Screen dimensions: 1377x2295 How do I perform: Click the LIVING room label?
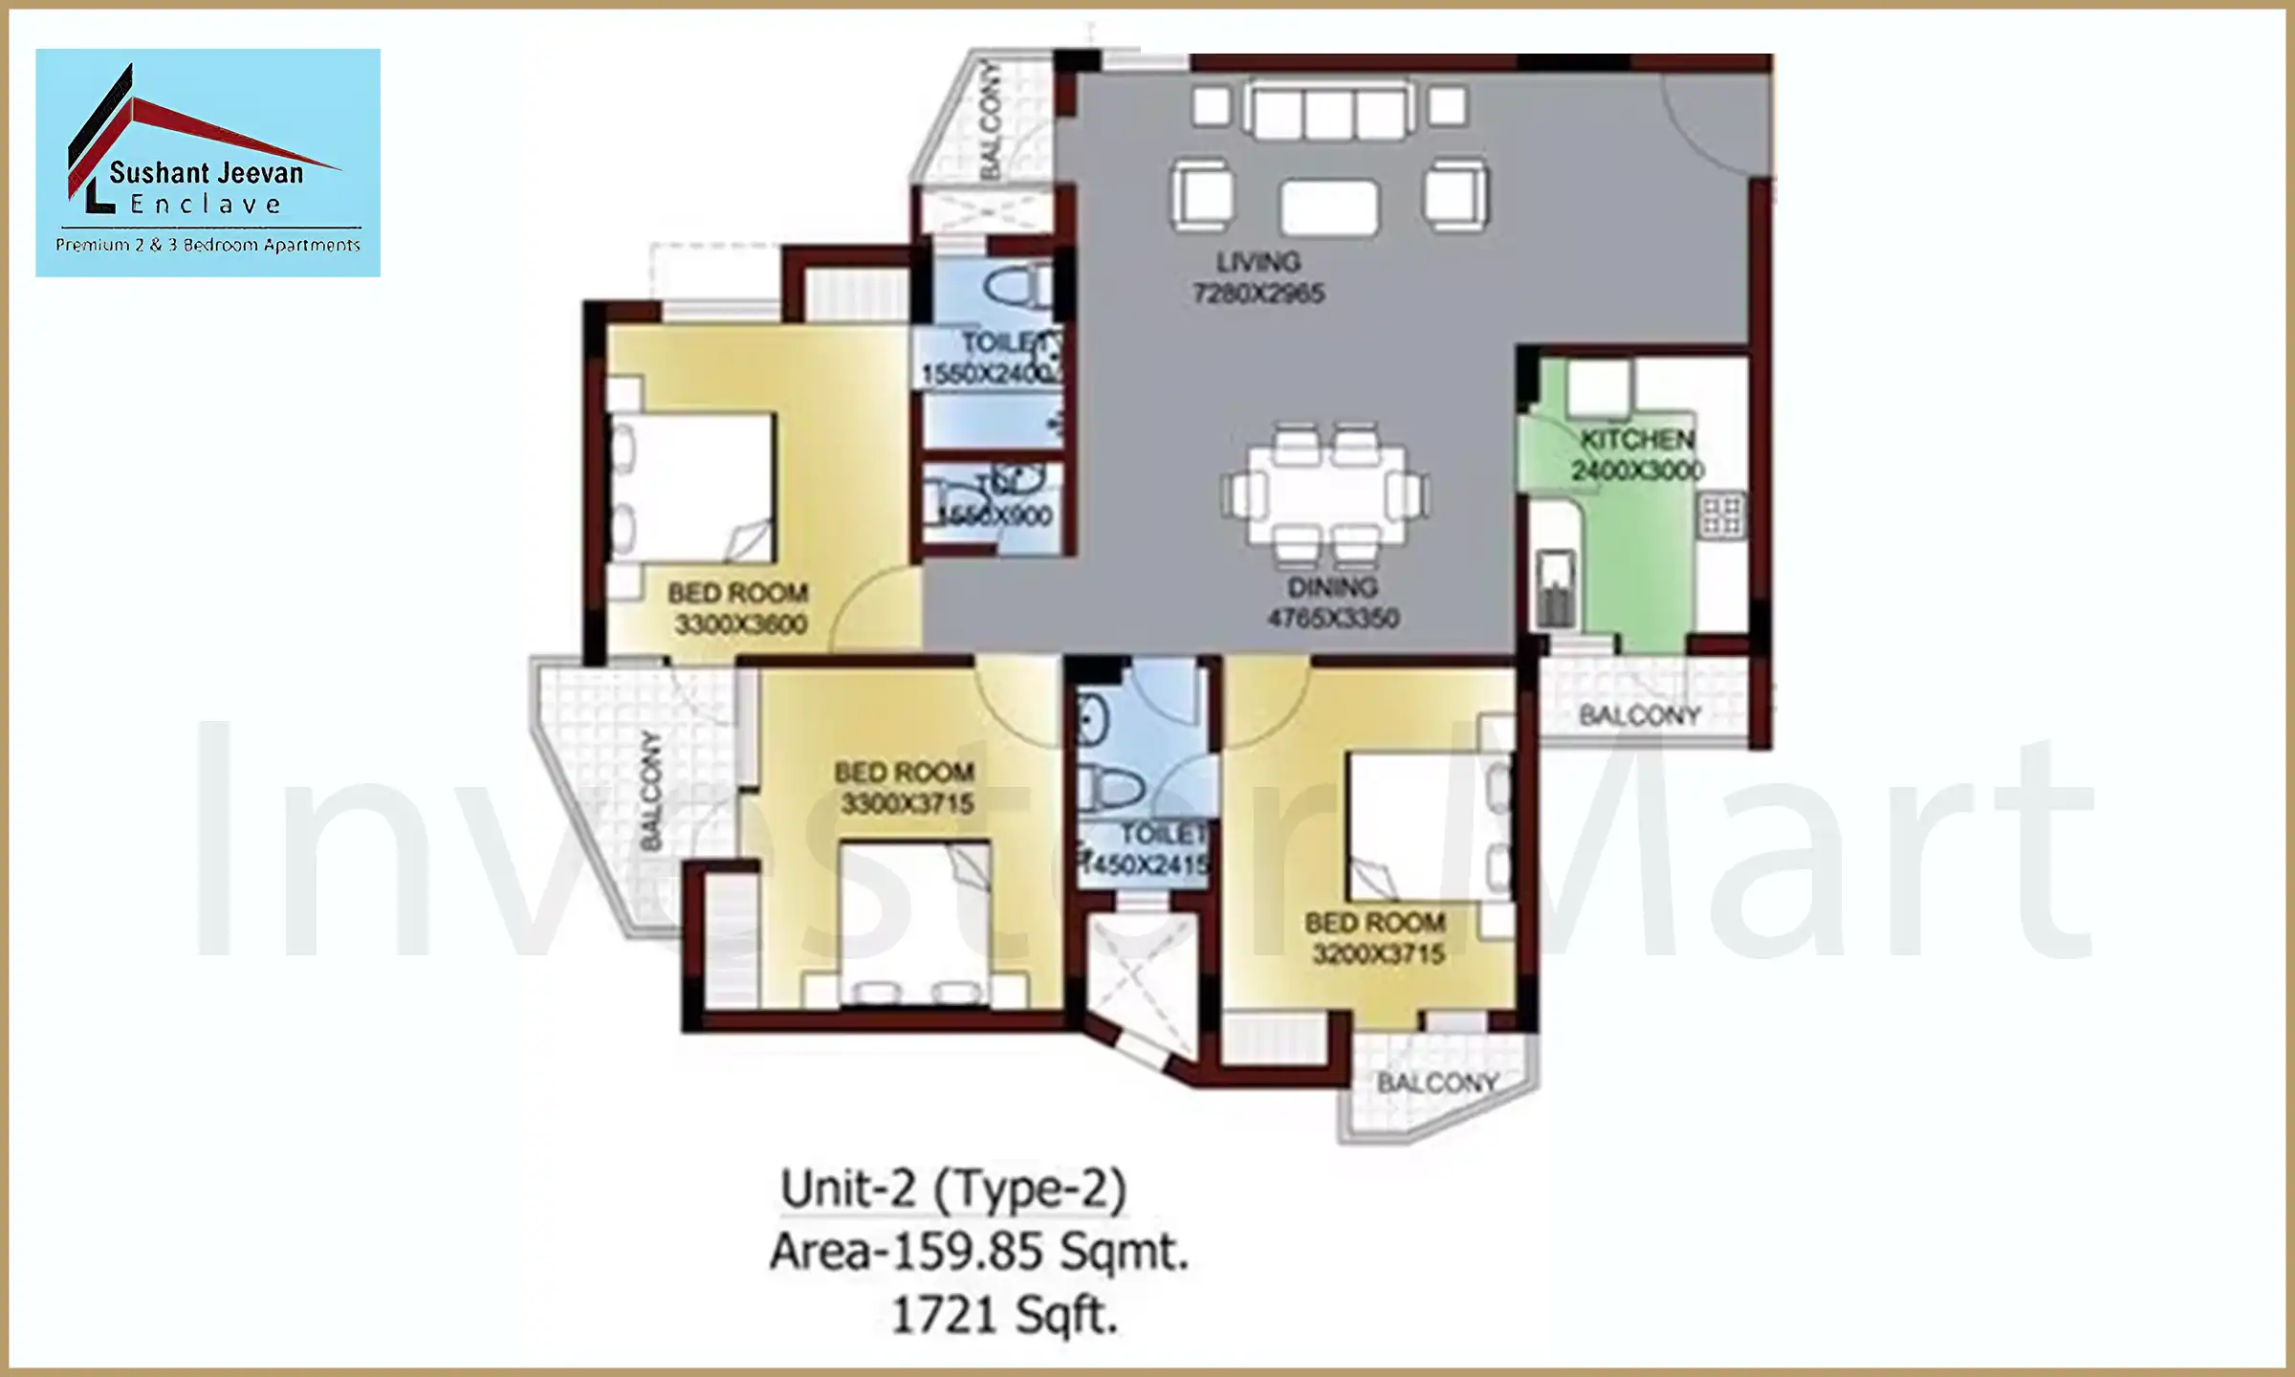pos(1257,262)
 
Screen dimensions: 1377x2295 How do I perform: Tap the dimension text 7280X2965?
pos(1258,294)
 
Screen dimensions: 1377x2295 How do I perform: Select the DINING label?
pos(1332,587)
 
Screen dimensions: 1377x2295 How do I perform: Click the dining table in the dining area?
pos(1326,495)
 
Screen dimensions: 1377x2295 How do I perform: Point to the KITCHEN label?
pos(1637,440)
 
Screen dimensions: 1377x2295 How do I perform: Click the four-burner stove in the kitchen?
pos(1721,514)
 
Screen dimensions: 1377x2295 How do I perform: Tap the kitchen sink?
pos(1555,588)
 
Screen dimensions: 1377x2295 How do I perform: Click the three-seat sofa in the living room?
pos(1329,110)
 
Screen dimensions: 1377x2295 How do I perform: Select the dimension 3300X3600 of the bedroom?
pos(741,624)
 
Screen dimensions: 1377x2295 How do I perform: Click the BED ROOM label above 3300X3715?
pos(904,772)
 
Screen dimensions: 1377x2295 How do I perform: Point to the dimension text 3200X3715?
pos(1378,953)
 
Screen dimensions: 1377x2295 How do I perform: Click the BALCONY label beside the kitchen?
pos(1639,715)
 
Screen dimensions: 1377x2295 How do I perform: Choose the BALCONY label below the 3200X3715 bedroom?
pos(1436,1082)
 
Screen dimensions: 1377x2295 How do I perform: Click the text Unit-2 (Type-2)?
pos(953,1190)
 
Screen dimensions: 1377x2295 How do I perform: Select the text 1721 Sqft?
pos(1004,1315)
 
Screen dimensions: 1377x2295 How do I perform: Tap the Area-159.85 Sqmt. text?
pos(978,1252)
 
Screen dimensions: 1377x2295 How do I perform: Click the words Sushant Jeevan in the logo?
pos(206,173)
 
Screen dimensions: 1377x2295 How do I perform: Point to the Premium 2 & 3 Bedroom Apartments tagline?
pos(208,245)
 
